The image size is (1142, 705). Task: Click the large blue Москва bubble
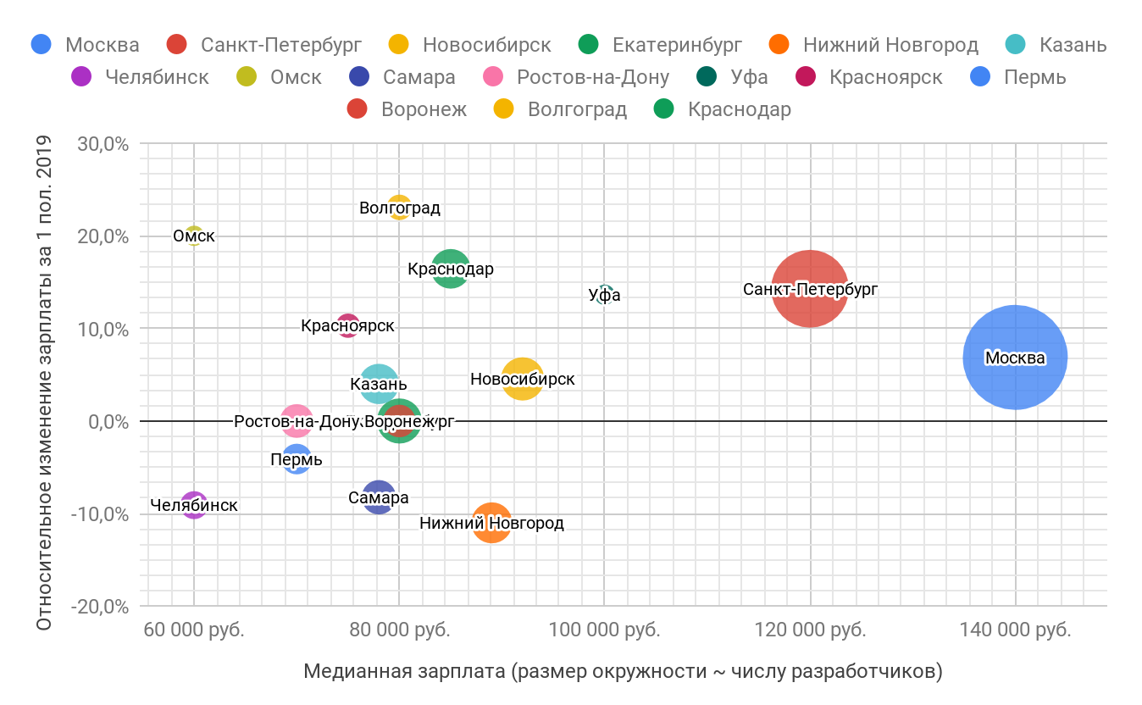tap(1015, 357)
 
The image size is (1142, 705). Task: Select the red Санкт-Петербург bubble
tap(810, 289)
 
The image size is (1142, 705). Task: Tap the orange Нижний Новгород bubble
tap(491, 523)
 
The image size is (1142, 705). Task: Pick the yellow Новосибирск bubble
tap(523, 379)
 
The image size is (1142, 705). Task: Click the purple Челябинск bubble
tap(194, 505)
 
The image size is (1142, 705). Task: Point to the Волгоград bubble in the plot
tap(399, 208)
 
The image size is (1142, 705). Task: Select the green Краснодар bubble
tap(451, 269)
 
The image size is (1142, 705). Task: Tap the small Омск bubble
tap(194, 236)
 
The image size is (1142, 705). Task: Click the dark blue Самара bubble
tap(379, 497)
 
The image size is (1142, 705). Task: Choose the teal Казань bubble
tap(379, 384)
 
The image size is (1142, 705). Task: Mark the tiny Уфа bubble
tap(604, 294)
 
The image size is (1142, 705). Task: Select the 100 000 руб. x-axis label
tap(604, 630)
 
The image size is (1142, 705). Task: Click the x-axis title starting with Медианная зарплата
tap(623, 671)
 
